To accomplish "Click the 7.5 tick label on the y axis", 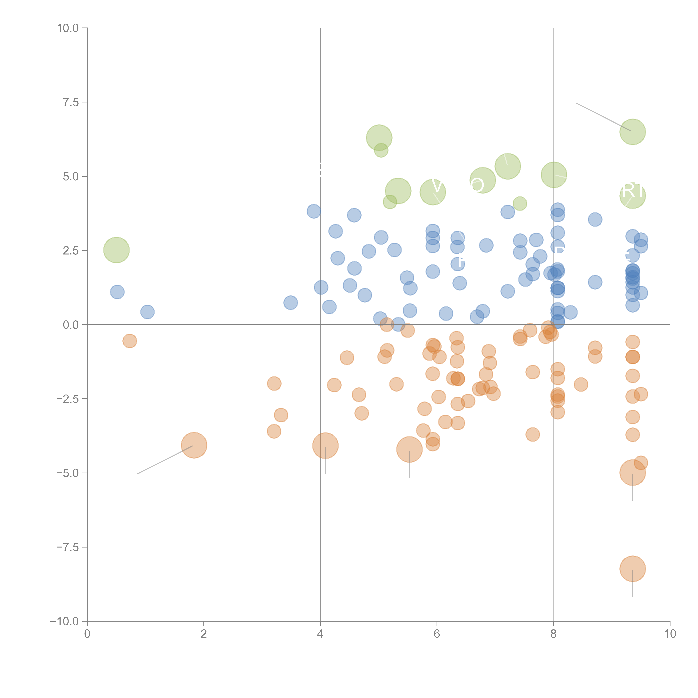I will pos(71,102).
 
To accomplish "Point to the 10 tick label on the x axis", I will pos(670,634).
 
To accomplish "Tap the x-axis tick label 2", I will pos(204,634).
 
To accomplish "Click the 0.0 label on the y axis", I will pos(71,325).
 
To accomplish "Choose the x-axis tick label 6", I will pos(437,634).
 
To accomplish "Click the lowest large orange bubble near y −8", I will pos(632,569).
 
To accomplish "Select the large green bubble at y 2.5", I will pos(116,250).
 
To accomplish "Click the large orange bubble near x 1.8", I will pos(194,445).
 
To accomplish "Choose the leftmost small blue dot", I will pos(117,292).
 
